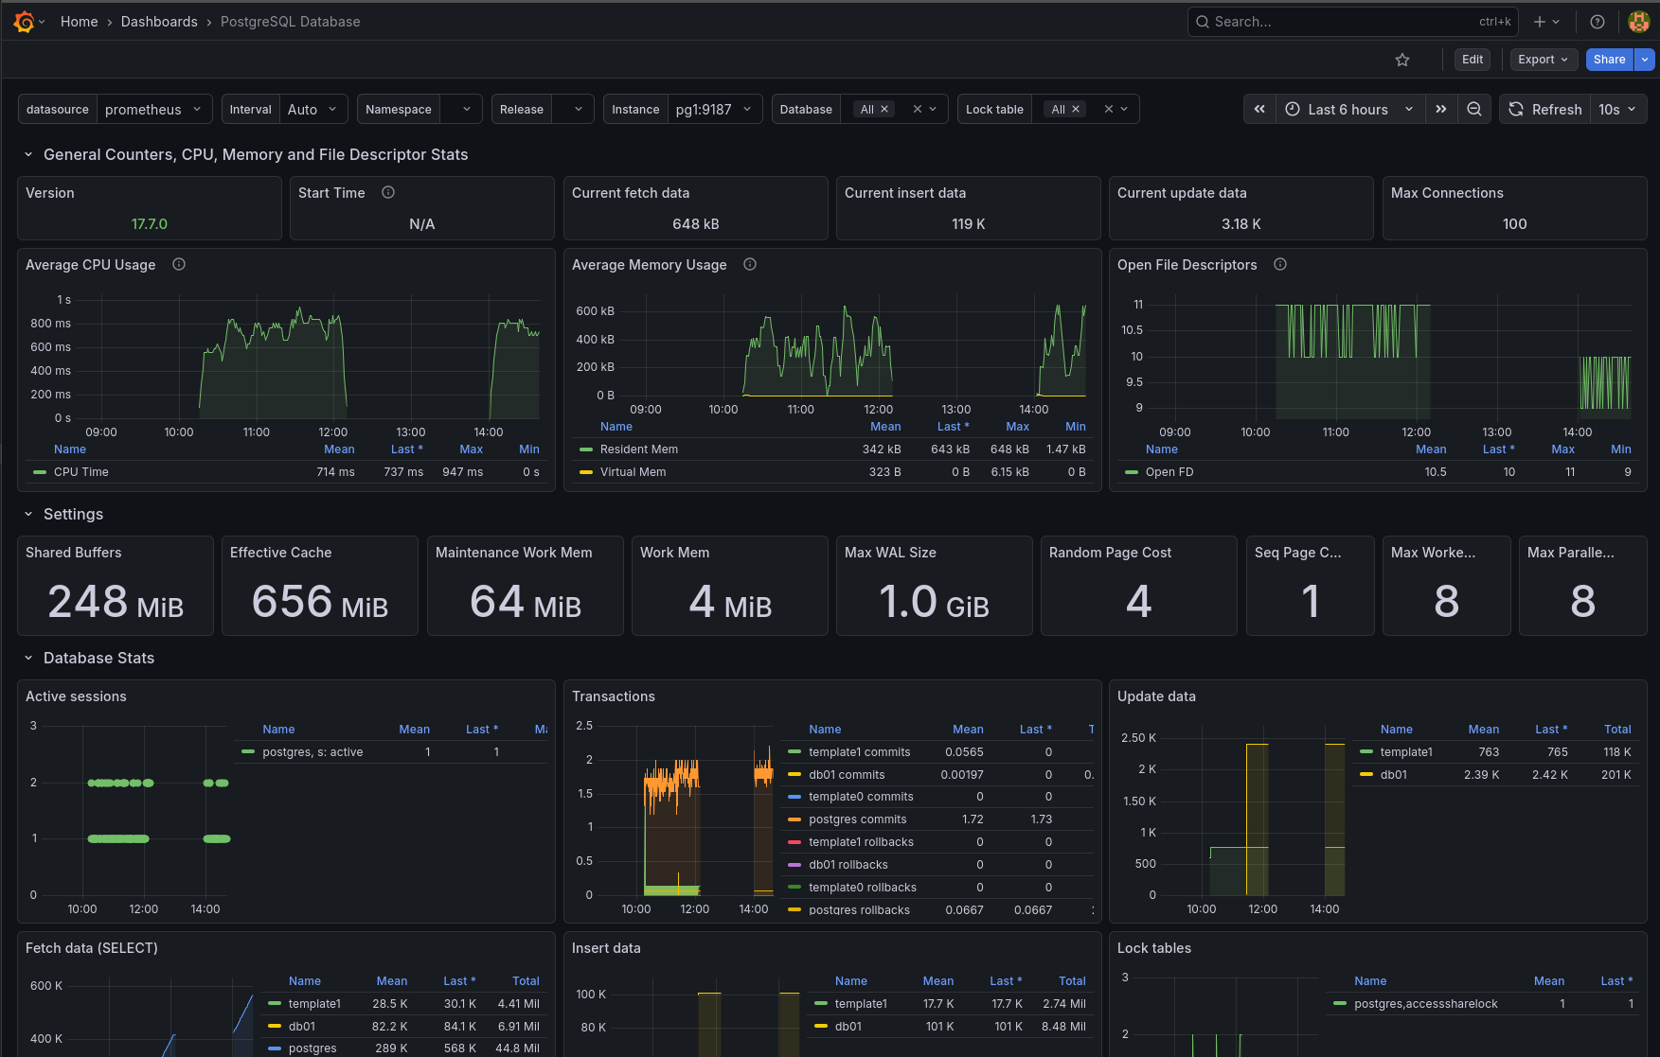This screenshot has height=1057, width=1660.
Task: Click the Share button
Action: pyautogui.click(x=1609, y=60)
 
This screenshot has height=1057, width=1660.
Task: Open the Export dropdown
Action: pyautogui.click(x=1543, y=60)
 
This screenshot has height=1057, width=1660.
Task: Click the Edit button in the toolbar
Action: pyautogui.click(x=1472, y=60)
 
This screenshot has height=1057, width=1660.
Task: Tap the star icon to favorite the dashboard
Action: pyautogui.click(x=1402, y=60)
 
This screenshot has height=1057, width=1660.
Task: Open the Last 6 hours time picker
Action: pyautogui.click(x=1348, y=110)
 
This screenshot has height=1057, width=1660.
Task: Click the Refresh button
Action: pyautogui.click(x=1545, y=110)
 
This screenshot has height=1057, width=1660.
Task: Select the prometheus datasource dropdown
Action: pyautogui.click(x=152, y=110)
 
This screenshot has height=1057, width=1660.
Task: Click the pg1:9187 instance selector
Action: pyautogui.click(x=713, y=110)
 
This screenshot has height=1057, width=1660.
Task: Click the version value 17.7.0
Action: pyautogui.click(x=150, y=224)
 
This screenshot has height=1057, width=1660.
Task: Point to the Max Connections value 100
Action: pyautogui.click(x=1514, y=224)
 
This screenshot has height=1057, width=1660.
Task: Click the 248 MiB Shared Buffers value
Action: pyautogui.click(x=116, y=602)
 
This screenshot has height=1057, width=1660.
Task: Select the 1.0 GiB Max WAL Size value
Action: pyautogui.click(x=934, y=602)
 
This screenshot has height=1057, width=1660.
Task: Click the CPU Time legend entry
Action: pyautogui.click(x=81, y=472)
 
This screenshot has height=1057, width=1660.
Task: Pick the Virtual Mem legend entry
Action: pyautogui.click(x=633, y=472)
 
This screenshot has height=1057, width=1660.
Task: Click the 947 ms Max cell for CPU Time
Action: pyautogui.click(x=462, y=472)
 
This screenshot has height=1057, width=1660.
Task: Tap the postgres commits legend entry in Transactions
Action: pyautogui.click(x=857, y=819)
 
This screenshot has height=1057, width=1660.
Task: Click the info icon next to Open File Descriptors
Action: pyautogui.click(x=1280, y=265)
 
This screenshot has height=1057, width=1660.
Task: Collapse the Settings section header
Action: pyautogui.click(x=73, y=515)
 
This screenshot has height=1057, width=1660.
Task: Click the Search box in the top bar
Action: pyautogui.click(x=1345, y=22)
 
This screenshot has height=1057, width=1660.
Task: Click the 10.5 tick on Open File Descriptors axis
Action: pyautogui.click(x=1132, y=330)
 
